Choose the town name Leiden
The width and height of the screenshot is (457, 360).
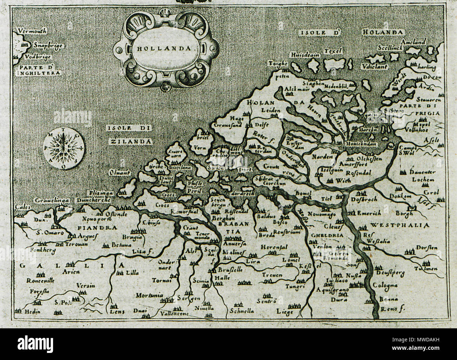[271, 110]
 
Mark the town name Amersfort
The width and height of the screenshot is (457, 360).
[353, 164]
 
